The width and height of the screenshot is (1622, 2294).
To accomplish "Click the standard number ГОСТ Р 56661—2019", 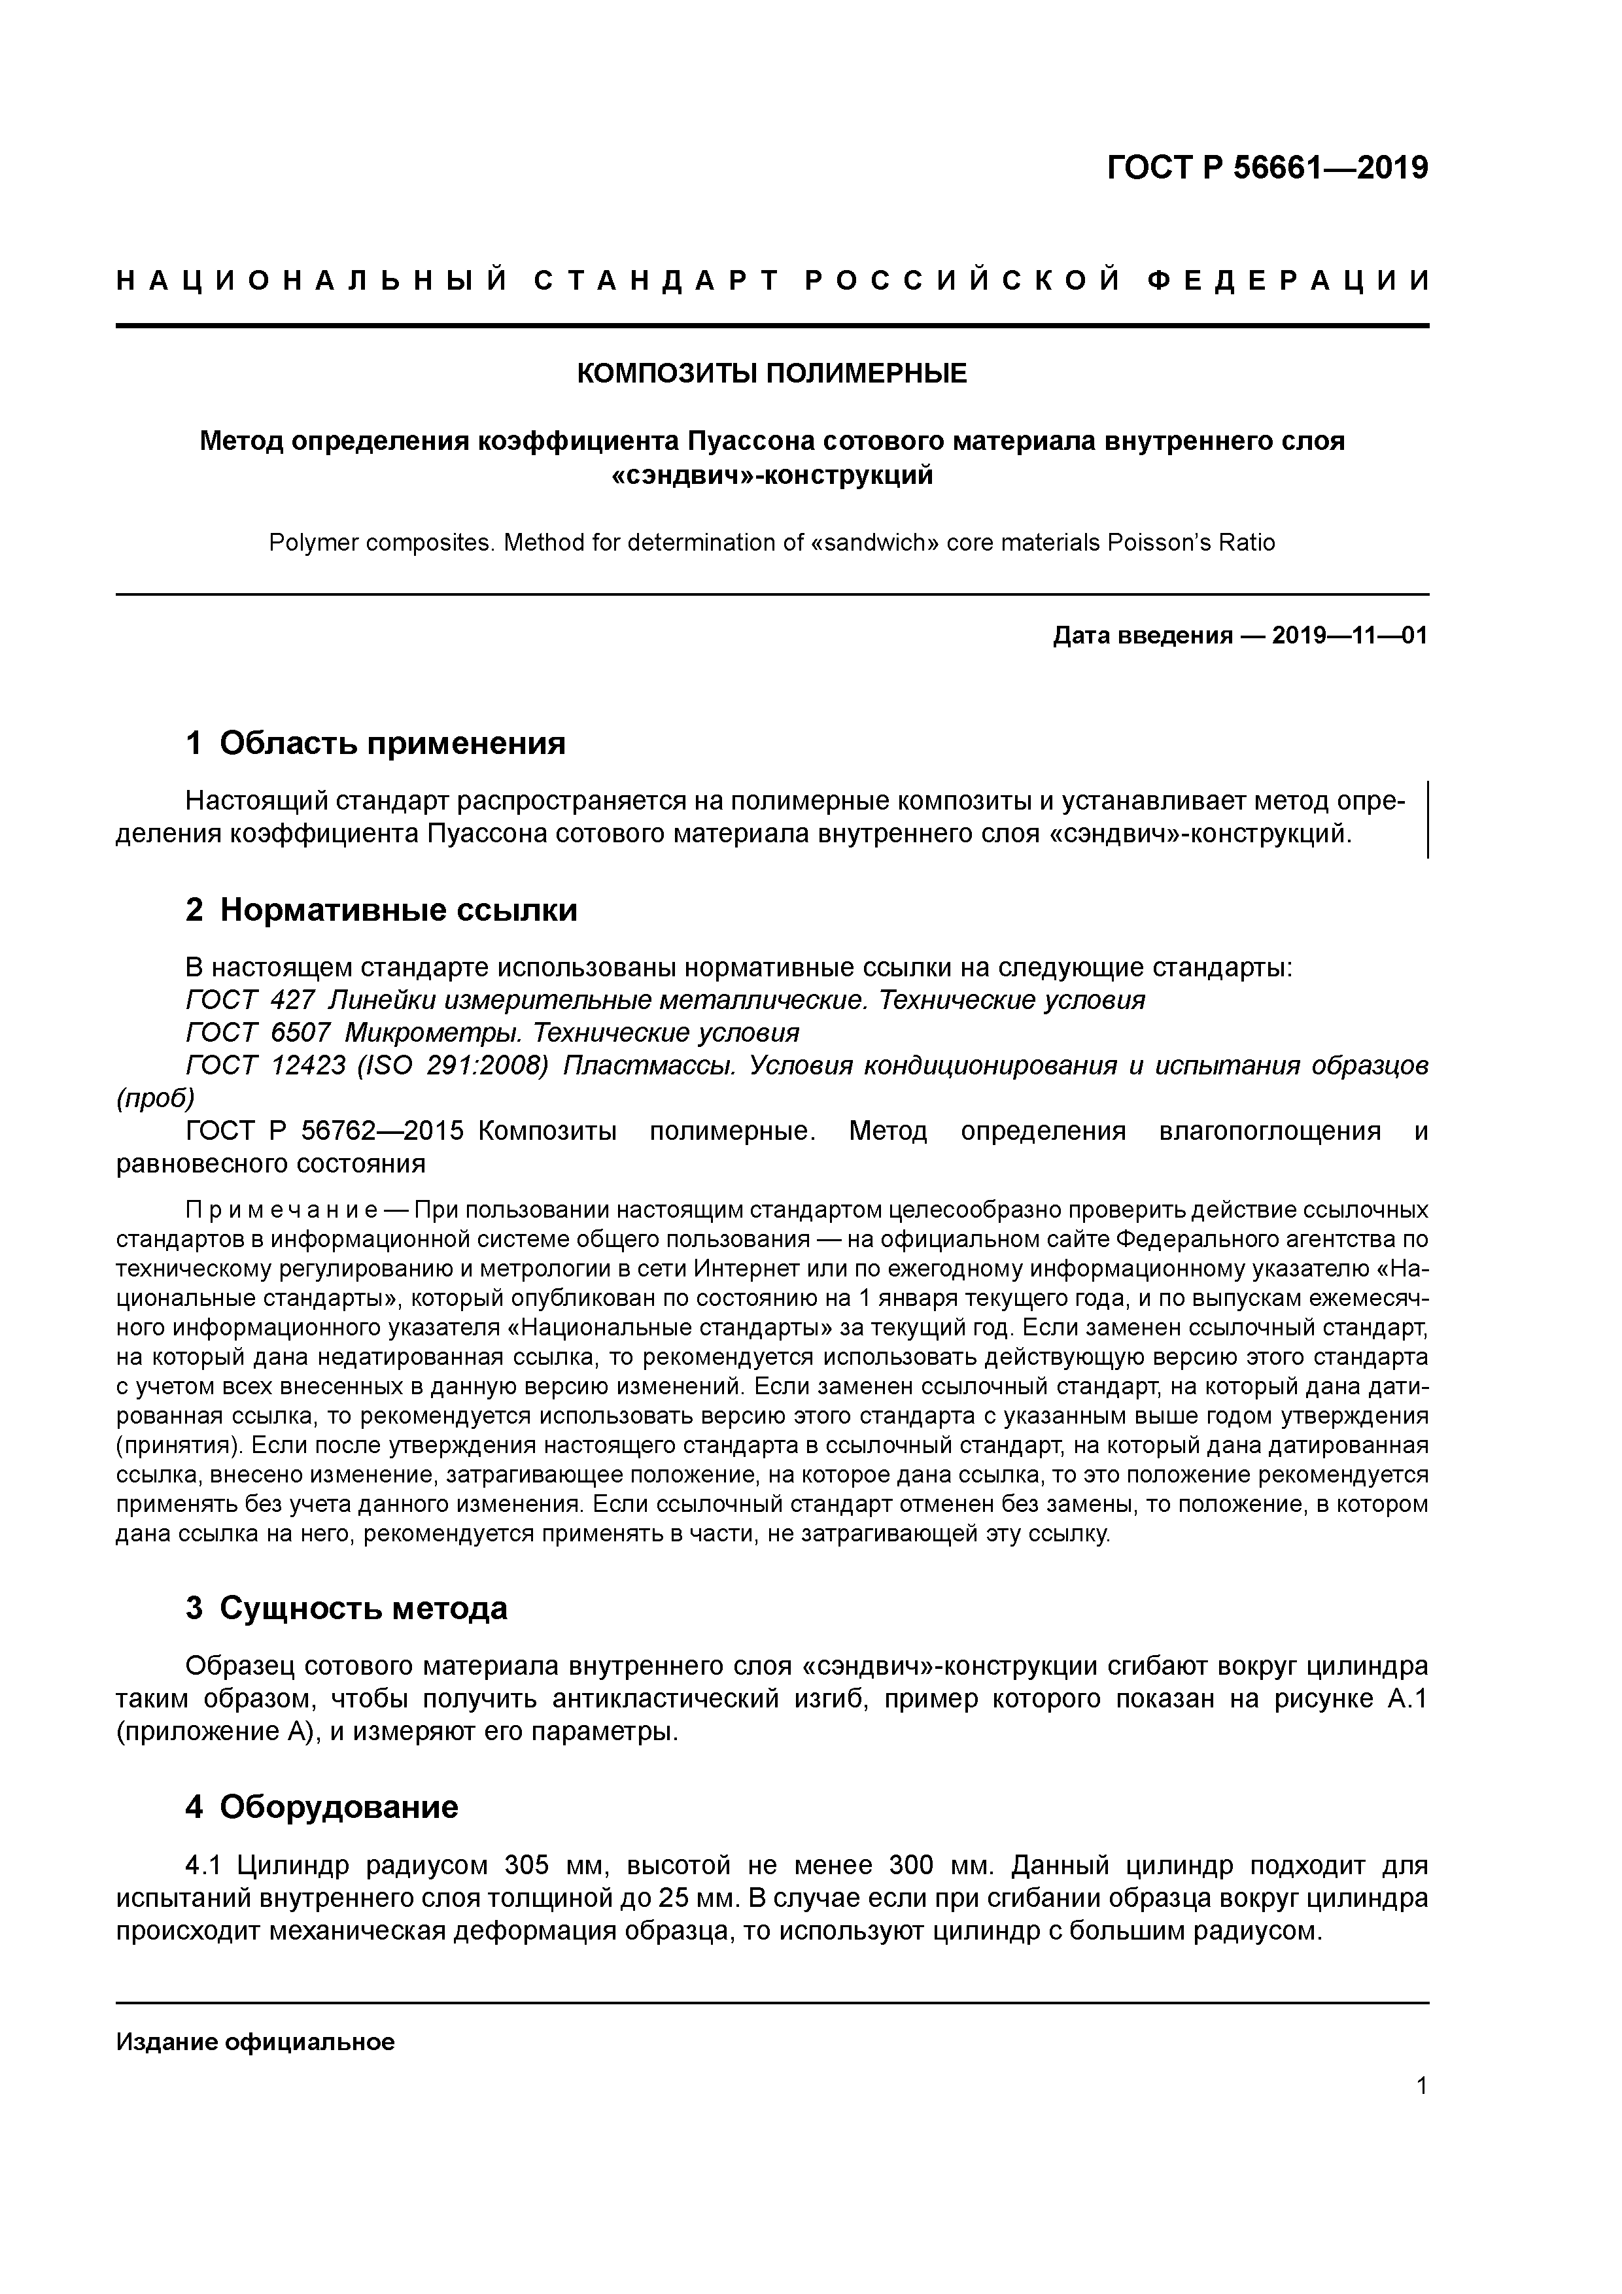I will tap(1268, 168).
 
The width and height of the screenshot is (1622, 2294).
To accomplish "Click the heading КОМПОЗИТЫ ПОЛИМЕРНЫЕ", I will tap(772, 373).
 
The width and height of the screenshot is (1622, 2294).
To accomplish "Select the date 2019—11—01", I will tap(1349, 636).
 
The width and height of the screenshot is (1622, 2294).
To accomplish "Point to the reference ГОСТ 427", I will tap(250, 1000).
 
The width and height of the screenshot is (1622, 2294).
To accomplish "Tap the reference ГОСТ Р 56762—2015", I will tap(325, 1131).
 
